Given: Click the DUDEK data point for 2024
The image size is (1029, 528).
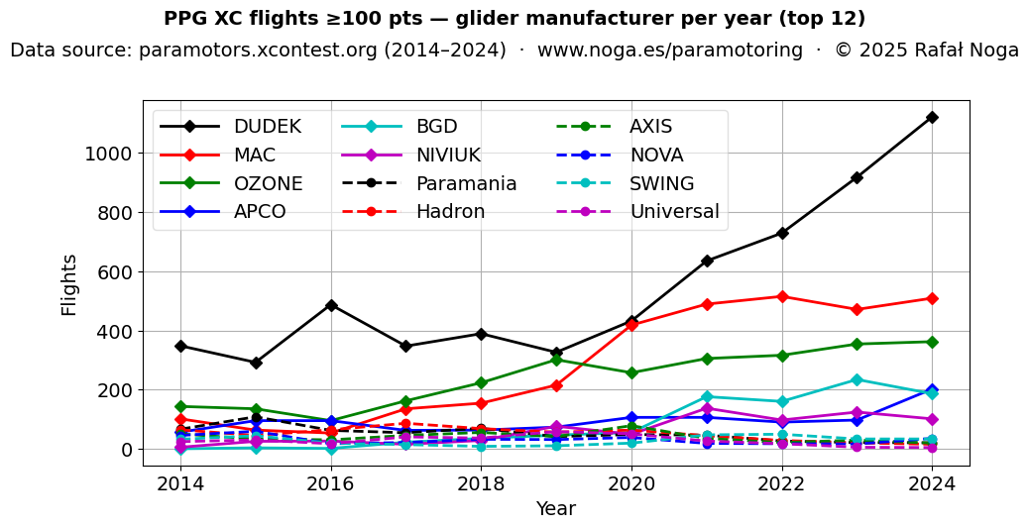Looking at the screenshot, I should (932, 117).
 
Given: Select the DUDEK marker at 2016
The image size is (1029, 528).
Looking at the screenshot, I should (331, 305).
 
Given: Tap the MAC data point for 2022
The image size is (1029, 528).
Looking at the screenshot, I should (782, 296).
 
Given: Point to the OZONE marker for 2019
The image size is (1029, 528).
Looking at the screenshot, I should (556, 360).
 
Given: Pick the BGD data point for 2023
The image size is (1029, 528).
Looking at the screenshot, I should (857, 379).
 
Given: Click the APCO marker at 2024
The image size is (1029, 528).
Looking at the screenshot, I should (932, 390).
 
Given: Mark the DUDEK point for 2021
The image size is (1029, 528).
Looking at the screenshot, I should (707, 261).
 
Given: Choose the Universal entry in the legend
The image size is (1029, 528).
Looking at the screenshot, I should (674, 212).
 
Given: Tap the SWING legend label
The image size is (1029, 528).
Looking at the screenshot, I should (661, 184).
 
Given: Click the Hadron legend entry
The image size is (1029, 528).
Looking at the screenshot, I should (450, 212).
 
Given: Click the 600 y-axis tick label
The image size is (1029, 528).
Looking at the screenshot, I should (115, 272).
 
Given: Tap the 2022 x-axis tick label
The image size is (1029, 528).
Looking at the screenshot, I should (782, 484).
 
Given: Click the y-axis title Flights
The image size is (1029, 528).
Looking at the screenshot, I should (69, 284).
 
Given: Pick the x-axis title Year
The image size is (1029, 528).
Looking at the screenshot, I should (555, 509).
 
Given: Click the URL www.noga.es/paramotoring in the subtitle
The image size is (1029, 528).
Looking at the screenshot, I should (670, 51).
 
